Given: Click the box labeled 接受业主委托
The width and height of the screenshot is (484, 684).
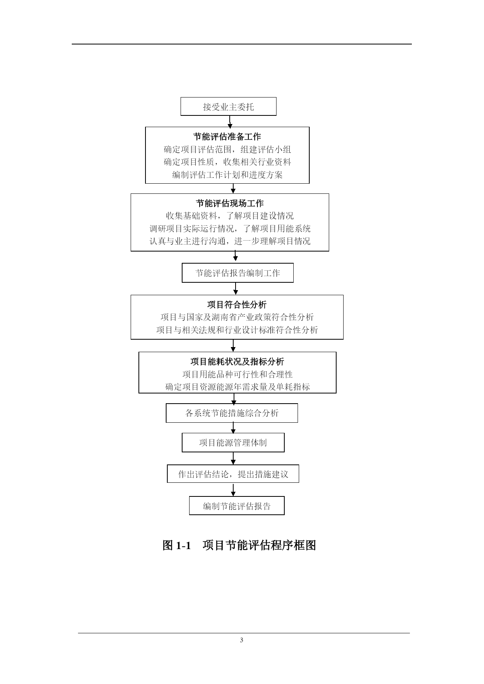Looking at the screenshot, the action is click(x=228, y=106).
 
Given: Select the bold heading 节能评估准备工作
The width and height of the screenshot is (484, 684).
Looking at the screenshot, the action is click(x=227, y=136).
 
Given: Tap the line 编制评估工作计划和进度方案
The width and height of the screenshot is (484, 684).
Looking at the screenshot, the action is click(x=227, y=175).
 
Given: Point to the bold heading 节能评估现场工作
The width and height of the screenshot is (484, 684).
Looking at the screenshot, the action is click(x=230, y=203).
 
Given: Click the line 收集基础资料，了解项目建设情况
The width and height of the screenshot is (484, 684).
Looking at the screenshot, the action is click(x=230, y=216).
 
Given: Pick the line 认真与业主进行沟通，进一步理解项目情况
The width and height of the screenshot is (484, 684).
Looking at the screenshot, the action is click(x=230, y=241).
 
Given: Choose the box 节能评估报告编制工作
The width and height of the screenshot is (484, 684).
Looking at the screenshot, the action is click(x=238, y=273).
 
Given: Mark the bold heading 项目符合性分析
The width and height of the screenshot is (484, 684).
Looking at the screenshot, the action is click(x=237, y=305).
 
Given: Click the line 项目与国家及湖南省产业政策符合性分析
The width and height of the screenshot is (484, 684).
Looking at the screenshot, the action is click(x=237, y=317).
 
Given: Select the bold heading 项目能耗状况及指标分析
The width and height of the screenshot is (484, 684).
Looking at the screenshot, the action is click(x=237, y=361).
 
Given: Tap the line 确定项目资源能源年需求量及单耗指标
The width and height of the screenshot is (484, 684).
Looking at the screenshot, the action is click(x=237, y=387).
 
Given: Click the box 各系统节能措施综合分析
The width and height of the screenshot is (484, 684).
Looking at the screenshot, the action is click(x=232, y=413).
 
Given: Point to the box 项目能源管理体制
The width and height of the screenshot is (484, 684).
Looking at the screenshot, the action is click(x=233, y=443).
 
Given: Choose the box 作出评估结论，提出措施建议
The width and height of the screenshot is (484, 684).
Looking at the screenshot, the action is click(x=233, y=474).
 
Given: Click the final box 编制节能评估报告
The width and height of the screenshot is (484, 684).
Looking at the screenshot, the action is click(x=237, y=506).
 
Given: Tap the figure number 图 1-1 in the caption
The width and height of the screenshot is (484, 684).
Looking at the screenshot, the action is click(x=177, y=545).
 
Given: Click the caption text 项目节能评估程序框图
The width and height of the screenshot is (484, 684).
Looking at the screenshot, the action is click(x=259, y=545).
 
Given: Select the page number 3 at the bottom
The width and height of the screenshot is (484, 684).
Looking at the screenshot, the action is click(x=241, y=640).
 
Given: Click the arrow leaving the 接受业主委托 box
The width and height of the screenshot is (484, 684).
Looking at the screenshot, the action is click(x=230, y=121).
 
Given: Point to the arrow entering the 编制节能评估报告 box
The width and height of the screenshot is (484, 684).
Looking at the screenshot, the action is click(x=233, y=490).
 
